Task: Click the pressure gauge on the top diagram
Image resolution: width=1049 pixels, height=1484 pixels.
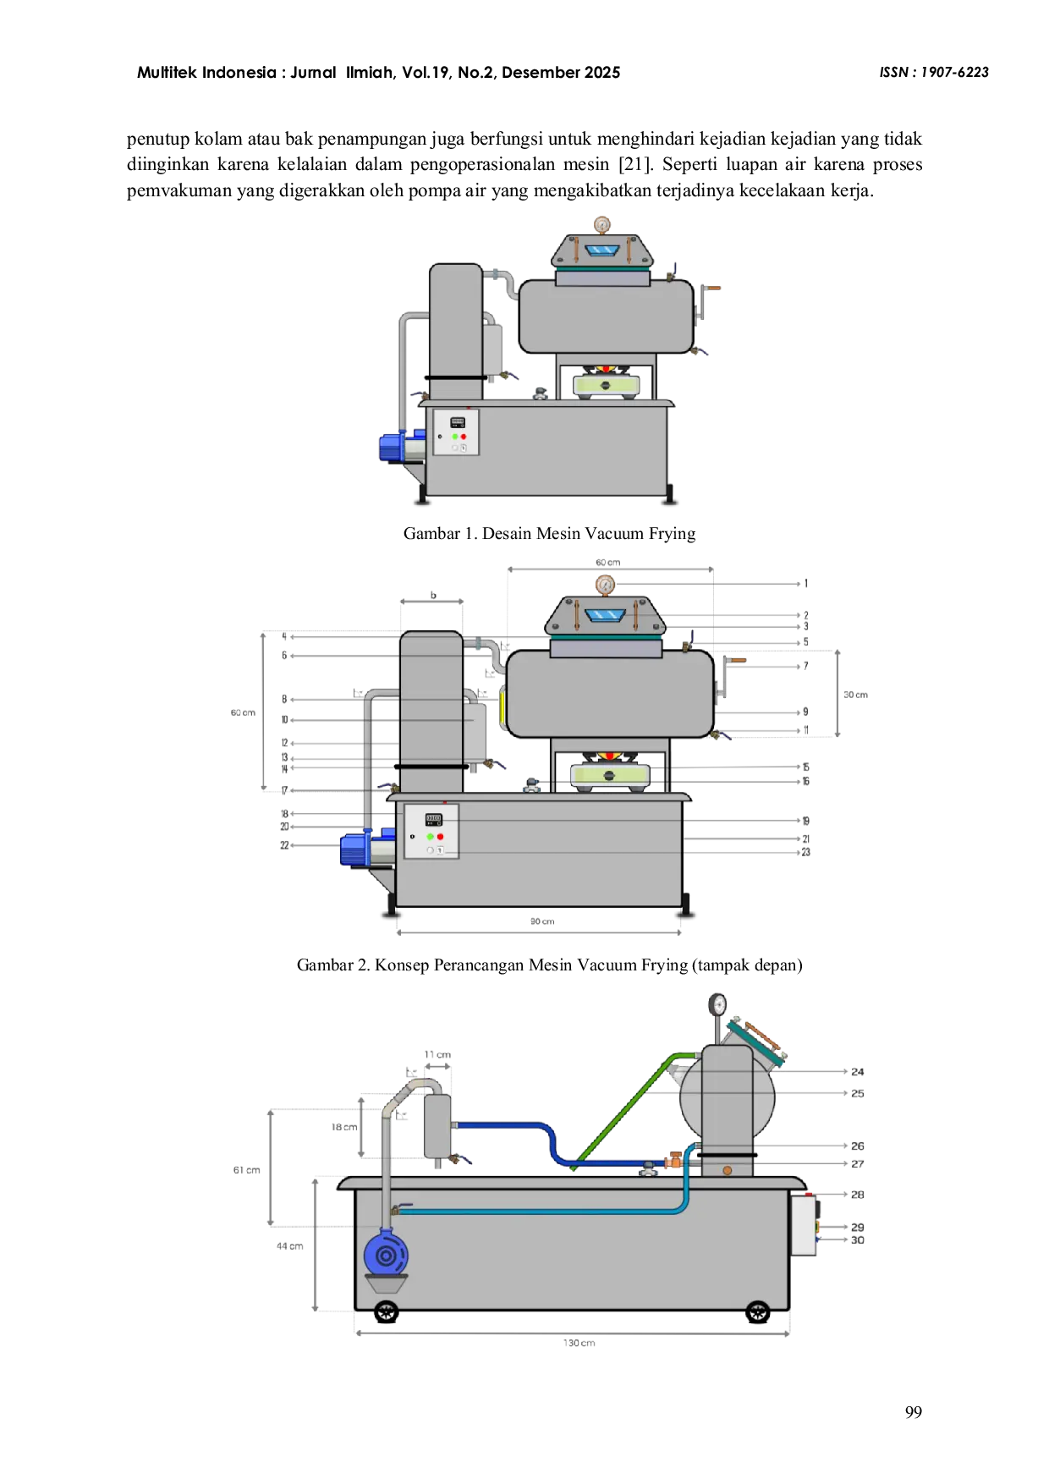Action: click(x=601, y=225)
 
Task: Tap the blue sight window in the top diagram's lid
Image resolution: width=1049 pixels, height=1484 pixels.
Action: click(x=602, y=250)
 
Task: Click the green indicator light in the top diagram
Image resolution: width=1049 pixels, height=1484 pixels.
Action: click(x=455, y=437)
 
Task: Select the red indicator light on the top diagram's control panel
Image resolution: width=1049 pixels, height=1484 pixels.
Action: click(x=464, y=437)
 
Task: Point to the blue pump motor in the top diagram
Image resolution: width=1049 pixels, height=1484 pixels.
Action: click(x=393, y=447)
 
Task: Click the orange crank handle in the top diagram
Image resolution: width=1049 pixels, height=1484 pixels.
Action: click(x=713, y=288)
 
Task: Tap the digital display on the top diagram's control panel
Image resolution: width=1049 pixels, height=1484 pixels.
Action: click(x=457, y=421)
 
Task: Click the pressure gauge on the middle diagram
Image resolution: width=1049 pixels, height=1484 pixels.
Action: click(x=605, y=585)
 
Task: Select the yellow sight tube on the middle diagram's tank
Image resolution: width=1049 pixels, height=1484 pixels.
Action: click(x=502, y=708)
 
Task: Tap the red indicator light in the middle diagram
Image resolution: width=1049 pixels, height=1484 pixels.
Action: click(x=440, y=837)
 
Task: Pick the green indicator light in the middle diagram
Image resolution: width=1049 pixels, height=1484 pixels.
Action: click(x=431, y=837)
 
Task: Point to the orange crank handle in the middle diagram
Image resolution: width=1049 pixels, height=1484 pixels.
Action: click(x=737, y=660)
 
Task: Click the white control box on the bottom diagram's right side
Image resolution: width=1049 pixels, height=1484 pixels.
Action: click(x=804, y=1225)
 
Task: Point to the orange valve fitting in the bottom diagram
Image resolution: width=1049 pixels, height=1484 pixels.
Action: click(x=674, y=1162)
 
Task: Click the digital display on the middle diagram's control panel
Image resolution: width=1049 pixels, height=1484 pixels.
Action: click(x=433, y=819)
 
